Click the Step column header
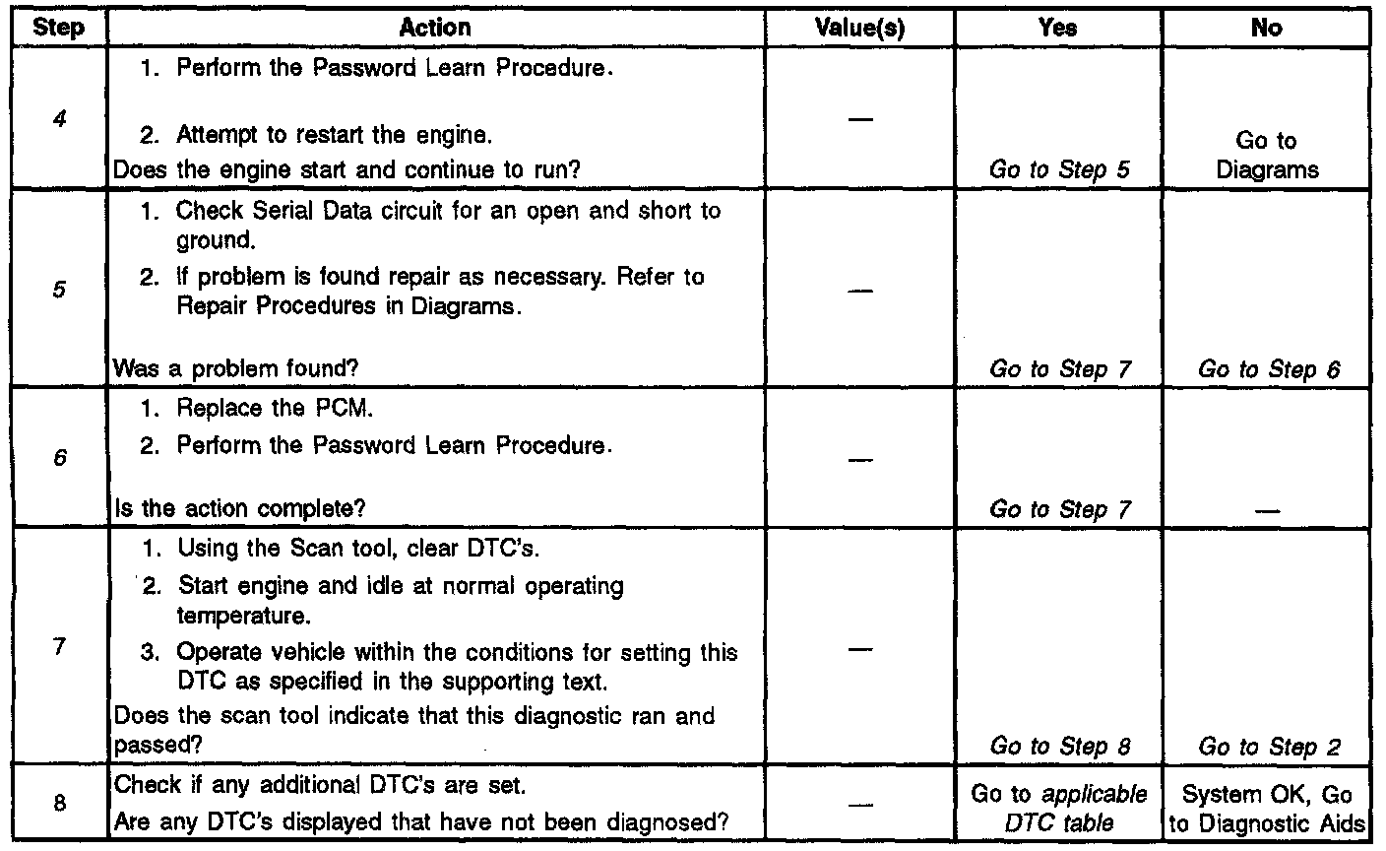click(x=58, y=29)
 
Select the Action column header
click(x=435, y=29)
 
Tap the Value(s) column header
click(x=860, y=29)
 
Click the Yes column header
click(x=1057, y=29)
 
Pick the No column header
click(x=1266, y=29)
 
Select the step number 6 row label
click(x=58, y=460)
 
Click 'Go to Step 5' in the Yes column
click(x=1059, y=169)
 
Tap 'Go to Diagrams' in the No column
click(x=1266, y=156)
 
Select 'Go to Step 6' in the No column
click(x=1269, y=369)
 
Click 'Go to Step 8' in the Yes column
click(x=1059, y=747)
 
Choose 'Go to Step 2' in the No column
click(x=1269, y=747)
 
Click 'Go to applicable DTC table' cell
click(x=1059, y=808)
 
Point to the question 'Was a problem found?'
click(x=236, y=369)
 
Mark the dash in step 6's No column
click(x=1268, y=510)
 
